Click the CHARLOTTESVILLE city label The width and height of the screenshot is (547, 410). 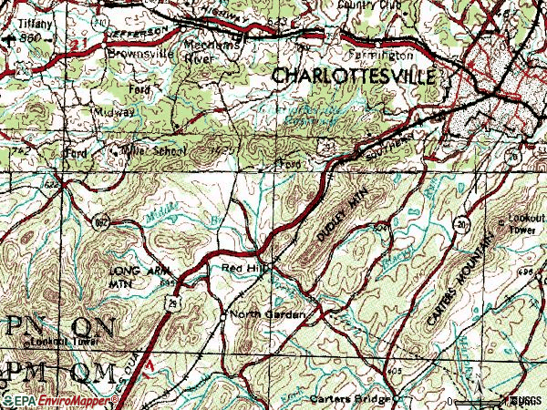pos(354,77)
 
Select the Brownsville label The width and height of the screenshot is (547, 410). pos(139,53)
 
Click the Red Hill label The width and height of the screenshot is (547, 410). pos(241,269)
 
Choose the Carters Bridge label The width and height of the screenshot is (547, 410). pos(348,399)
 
